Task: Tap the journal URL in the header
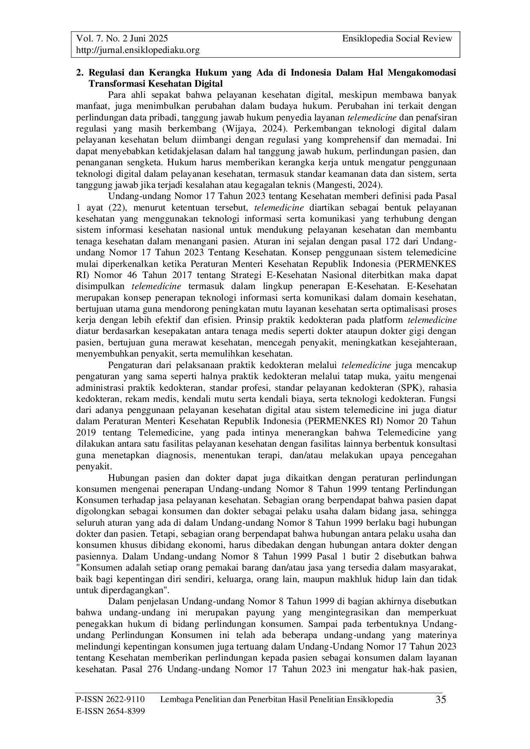[x=138, y=50]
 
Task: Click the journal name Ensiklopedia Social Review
[x=397, y=39]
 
